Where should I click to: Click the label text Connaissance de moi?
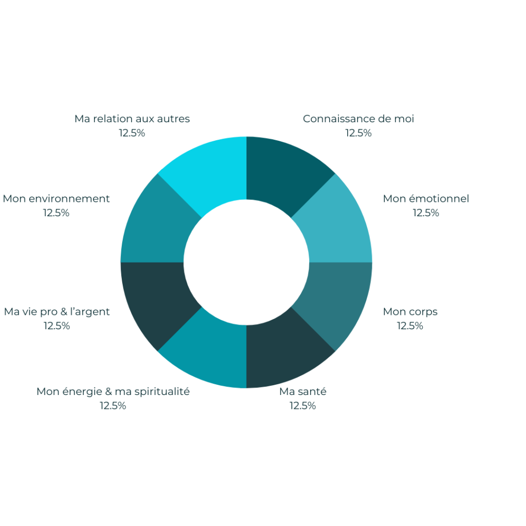[x=358, y=119]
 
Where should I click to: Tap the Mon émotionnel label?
[x=426, y=199]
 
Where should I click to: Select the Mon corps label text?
[x=410, y=312]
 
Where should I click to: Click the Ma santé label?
[x=303, y=391]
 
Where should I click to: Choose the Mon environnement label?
[x=57, y=199]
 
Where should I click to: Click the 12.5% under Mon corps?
[x=410, y=326]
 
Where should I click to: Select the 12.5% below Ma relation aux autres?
[x=132, y=133]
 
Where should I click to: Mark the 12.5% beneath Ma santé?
[x=303, y=406]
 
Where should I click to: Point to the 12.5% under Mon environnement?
[x=56, y=213]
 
